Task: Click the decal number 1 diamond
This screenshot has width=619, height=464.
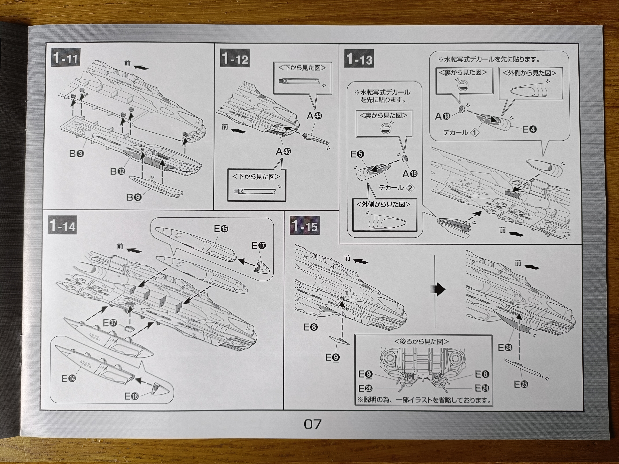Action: click(475, 133)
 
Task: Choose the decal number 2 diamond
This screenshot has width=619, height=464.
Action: click(410, 188)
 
